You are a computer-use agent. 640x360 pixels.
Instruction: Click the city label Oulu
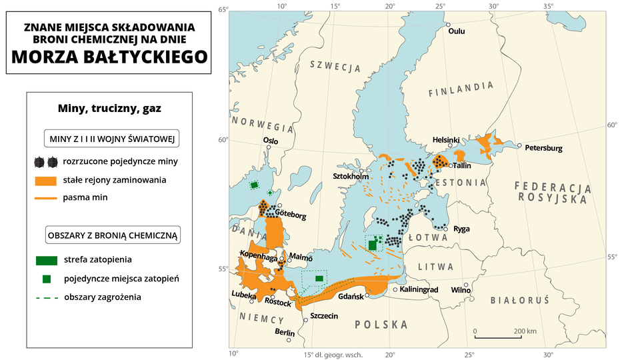[x=457, y=31]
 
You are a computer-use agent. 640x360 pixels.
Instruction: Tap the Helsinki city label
[x=446, y=140]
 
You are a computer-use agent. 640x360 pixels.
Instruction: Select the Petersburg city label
[x=544, y=147]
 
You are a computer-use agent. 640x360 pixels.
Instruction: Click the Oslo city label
[x=271, y=140]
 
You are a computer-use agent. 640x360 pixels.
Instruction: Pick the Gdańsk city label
[x=351, y=296]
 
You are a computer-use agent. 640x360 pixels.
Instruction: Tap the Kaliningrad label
[x=419, y=290]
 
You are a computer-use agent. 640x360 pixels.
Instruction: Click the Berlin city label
[x=285, y=332]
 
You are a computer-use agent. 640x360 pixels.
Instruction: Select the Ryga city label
[x=461, y=229]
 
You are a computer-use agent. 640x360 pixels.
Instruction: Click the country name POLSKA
[x=381, y=325]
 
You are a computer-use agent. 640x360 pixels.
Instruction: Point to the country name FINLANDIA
[x=461, y=88]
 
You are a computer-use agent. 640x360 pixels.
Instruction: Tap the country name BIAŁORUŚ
[x=519, y=301]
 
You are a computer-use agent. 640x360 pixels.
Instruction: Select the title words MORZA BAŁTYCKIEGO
[x=109, y=57]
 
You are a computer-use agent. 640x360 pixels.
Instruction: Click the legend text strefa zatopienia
[x=97, y=259]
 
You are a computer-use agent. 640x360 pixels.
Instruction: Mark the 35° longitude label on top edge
[x=548, y=6]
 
